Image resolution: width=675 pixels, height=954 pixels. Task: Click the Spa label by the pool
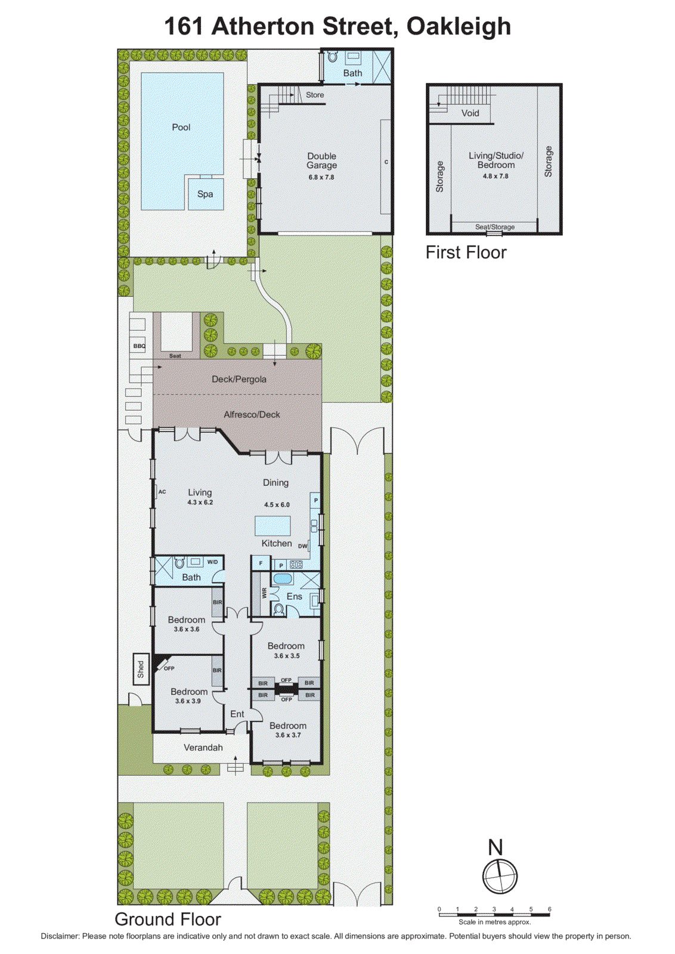205,194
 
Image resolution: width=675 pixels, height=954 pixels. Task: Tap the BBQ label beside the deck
139,346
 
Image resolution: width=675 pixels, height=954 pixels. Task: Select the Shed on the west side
141,669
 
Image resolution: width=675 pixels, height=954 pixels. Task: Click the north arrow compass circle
500,876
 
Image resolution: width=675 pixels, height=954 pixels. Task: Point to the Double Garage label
321,160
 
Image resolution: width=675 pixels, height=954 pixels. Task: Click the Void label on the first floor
470,113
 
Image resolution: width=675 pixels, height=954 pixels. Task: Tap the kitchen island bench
273,526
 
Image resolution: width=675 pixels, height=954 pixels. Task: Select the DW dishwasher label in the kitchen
302,546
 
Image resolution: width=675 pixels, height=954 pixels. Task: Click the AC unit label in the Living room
162,492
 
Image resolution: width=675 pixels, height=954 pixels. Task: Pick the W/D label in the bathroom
212,562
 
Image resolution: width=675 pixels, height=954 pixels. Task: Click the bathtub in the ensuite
282,578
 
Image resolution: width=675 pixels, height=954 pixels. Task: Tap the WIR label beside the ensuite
264,593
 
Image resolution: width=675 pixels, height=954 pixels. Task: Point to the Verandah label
203,748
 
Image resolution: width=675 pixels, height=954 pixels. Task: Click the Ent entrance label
237,714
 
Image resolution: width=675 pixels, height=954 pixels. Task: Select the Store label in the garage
315,95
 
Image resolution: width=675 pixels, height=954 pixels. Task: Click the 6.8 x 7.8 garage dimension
321,177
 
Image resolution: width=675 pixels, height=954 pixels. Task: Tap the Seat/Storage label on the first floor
494,227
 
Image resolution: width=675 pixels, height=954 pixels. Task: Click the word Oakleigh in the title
459,26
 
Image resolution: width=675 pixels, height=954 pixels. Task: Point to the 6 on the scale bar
549,909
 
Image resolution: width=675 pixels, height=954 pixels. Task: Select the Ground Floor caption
168,919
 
